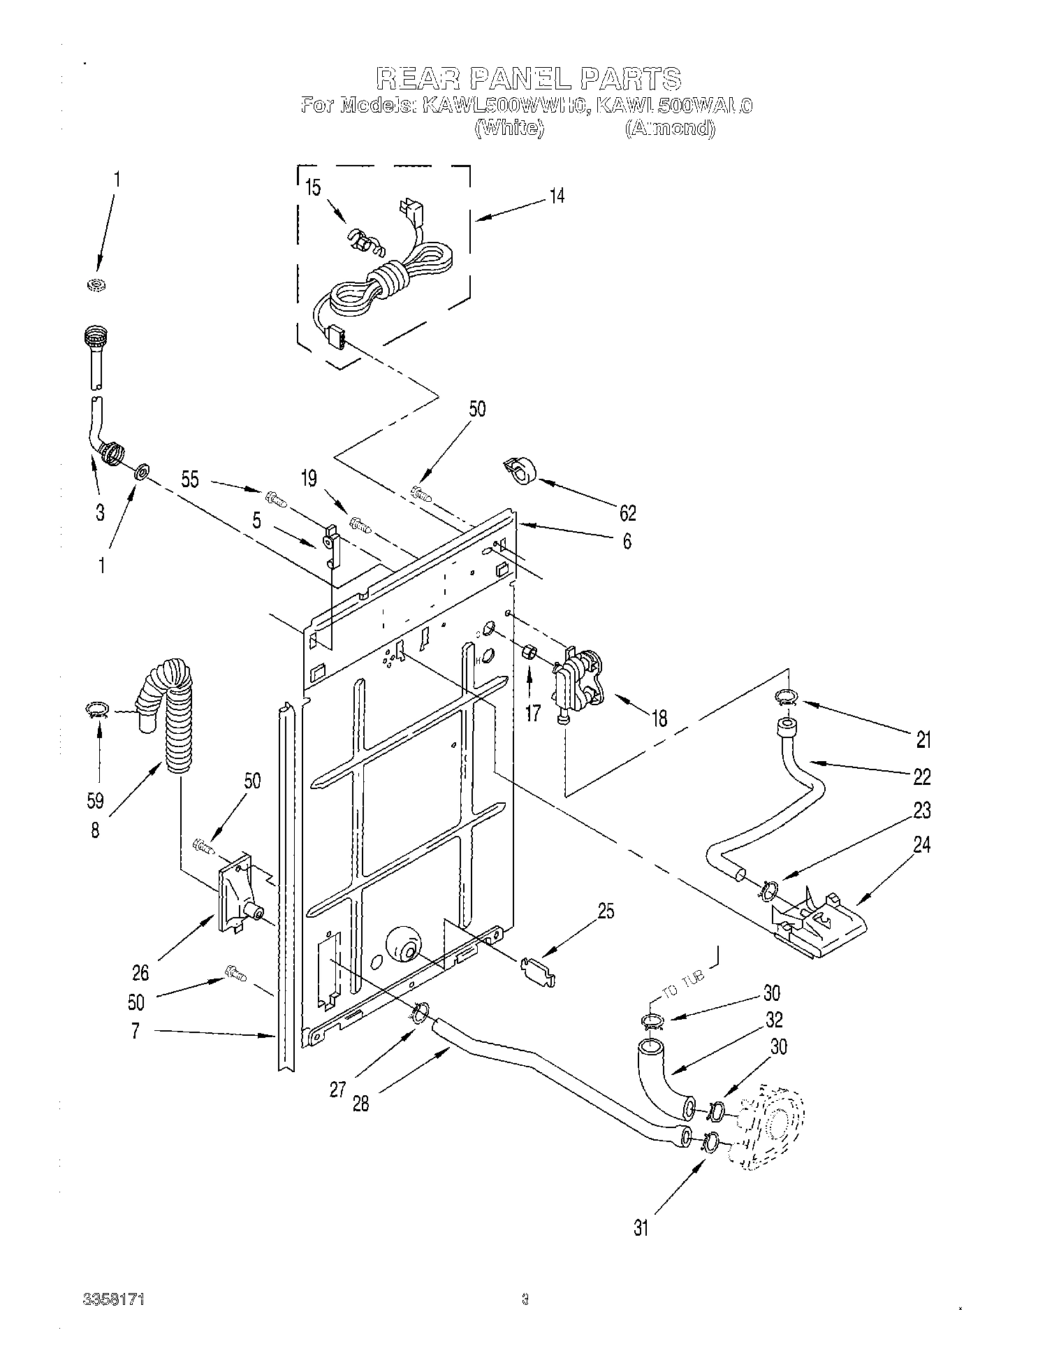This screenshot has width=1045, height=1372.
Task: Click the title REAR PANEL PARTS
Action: pyautogui.click(x=529, y=78)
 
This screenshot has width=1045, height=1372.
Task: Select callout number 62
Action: pyautogui.click(x=627, y=512)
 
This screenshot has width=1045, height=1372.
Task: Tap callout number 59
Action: pyautogui.click(x=96, y=800)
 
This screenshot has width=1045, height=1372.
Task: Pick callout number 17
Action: pyautogui.click(x=532, y=714)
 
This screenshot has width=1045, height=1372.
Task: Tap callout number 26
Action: pyautogui.click(x=140, y=972)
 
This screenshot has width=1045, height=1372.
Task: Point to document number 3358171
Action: pyautogui.click(x=113, y=1318)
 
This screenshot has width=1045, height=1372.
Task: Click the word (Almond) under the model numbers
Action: pyautogui.click(x=670, y=128)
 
